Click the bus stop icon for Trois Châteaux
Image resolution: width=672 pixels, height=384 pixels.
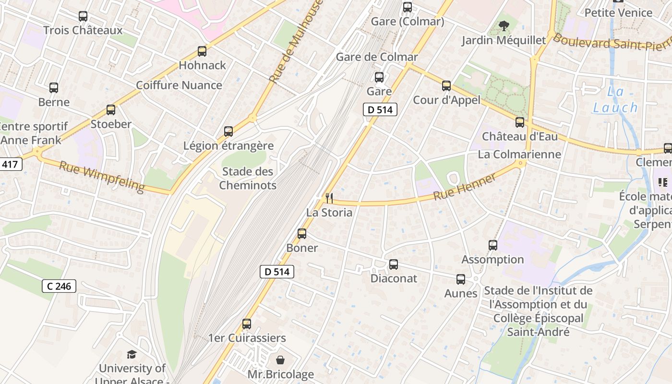(83, 16)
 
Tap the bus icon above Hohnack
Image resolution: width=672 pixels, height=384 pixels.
(202, 51)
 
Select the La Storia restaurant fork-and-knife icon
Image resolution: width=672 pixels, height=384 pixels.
(329, 198)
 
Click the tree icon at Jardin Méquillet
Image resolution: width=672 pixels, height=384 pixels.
(504, 26)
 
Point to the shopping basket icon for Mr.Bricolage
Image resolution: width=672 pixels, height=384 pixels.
(280, 360)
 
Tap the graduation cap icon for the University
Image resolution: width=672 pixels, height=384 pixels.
(132, 354)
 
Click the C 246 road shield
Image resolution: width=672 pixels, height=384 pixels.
(59, 286)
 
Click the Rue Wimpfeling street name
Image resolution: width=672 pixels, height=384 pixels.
(101, 177)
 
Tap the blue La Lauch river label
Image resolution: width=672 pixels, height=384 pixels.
(615, 100)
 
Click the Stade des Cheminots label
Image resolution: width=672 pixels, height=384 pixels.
(248, 178)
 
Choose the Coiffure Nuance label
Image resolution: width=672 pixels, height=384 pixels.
(179, 85)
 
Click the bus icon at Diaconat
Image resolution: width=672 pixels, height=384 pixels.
(394, 264)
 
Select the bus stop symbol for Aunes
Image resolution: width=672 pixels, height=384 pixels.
(461, 279)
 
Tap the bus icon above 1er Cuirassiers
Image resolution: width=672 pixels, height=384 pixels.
(247, 324)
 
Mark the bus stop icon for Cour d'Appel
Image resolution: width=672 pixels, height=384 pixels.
(446, 86)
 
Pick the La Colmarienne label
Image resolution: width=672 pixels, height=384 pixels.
(519, 154)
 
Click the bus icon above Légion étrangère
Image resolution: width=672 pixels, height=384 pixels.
(228, 132)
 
